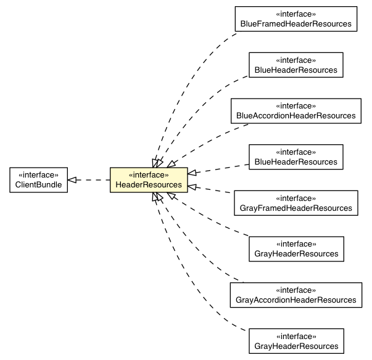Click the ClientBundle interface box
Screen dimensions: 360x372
[35, 179]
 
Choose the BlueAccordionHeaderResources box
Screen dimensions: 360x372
[296, 110]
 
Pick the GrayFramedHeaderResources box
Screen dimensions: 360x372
[296, 203]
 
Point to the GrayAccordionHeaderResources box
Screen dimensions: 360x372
[296, 295]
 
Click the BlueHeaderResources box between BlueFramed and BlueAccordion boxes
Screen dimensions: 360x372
[296, 65]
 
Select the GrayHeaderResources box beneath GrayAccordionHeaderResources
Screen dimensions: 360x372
[296, 341]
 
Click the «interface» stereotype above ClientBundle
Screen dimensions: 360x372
[35, 174]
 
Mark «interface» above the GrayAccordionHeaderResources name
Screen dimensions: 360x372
[296, 290]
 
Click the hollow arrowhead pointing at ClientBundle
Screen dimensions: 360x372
[72, 179]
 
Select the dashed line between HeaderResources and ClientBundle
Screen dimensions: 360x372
[93, 179]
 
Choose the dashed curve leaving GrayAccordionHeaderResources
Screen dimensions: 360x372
[204, 259]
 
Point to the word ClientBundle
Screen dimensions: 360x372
[35, 185]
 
